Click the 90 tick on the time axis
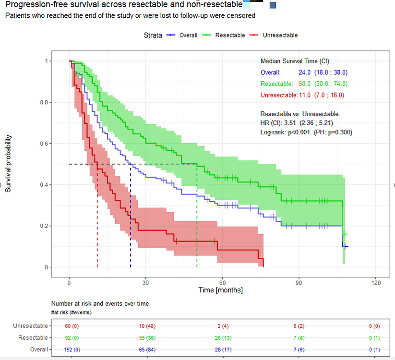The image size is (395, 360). [x=299, y=282]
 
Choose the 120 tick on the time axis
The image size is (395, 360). [x=375, y=282]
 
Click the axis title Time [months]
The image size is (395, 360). [x=220, y=290]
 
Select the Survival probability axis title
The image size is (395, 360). [x=8, y=164]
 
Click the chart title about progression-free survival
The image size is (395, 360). [x=124, y=5]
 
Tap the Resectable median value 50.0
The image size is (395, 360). [x=305, y=84]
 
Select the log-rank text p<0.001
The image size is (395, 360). [x=296, y=132]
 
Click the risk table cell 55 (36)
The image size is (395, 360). [x=147, y=338]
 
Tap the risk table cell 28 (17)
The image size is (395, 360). [x=223, y=349]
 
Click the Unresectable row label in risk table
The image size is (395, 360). [x=31, y=326]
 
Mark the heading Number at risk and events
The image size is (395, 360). [x=100, y=304]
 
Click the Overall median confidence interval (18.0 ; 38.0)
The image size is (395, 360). [x=331, y=73]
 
